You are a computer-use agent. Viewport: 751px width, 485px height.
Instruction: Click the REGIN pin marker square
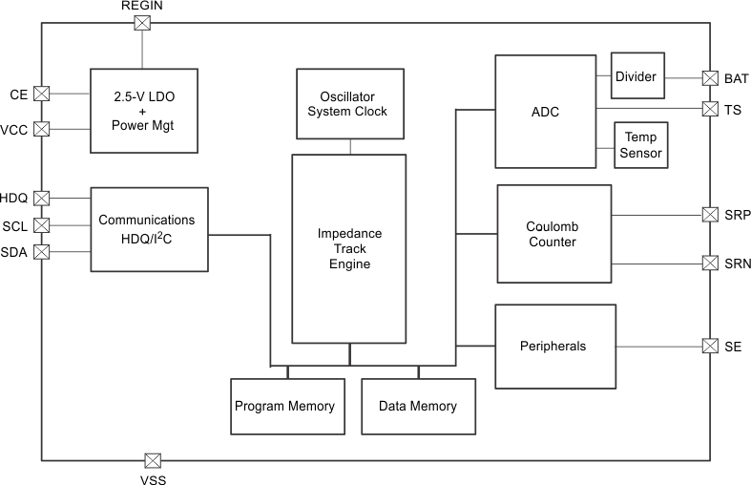pyautogui.click(x=142, y=24)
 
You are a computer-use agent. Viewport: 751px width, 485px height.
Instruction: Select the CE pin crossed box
pyautogui.click(x=42, y=94)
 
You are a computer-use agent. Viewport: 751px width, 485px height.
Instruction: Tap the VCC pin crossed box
pyautogui.click(x=42, y=128)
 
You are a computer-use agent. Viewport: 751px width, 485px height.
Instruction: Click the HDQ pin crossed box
pyautogui.click(x=42, y=199)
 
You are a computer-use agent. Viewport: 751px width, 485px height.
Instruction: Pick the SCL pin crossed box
pyautogui.click(x=42, y=225)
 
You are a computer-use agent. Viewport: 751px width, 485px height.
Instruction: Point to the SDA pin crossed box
pyautogui.click(x=42, y=252)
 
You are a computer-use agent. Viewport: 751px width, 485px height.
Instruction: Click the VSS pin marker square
pyautogui.click(x=152, y=461)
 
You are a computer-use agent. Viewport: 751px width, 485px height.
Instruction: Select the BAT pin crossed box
pyautogui.click(x=710, y=78)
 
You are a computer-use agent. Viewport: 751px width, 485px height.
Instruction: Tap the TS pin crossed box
pyautogui.click(x=710, y=109)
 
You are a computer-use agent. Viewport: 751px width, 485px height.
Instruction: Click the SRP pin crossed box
pyautogui.click(x=710, y=215)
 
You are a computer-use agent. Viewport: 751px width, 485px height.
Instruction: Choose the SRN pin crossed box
pyautogui.click(x=710, y=263)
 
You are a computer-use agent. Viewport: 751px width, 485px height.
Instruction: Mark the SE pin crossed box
pyautogui.click(x=710, y=346)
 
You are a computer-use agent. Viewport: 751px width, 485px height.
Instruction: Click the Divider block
pyautogui.click(x=636, y=76)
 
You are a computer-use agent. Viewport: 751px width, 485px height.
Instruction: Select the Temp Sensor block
pyautogui.click(x=642, y=146)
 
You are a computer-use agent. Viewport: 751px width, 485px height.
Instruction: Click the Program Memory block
pyautogui.click(x=284, y=406)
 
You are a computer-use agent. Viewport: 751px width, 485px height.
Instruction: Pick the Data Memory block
pyautogui.click(x=417, y=406)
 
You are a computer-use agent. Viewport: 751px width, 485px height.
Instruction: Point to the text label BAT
pyautogui.click(x=737, y=78)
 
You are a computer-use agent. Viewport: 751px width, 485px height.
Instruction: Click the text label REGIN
pyautogui.click(x=142, y=7)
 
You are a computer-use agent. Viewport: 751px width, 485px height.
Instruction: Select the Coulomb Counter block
pyautogui.click(x=553, y=235)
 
